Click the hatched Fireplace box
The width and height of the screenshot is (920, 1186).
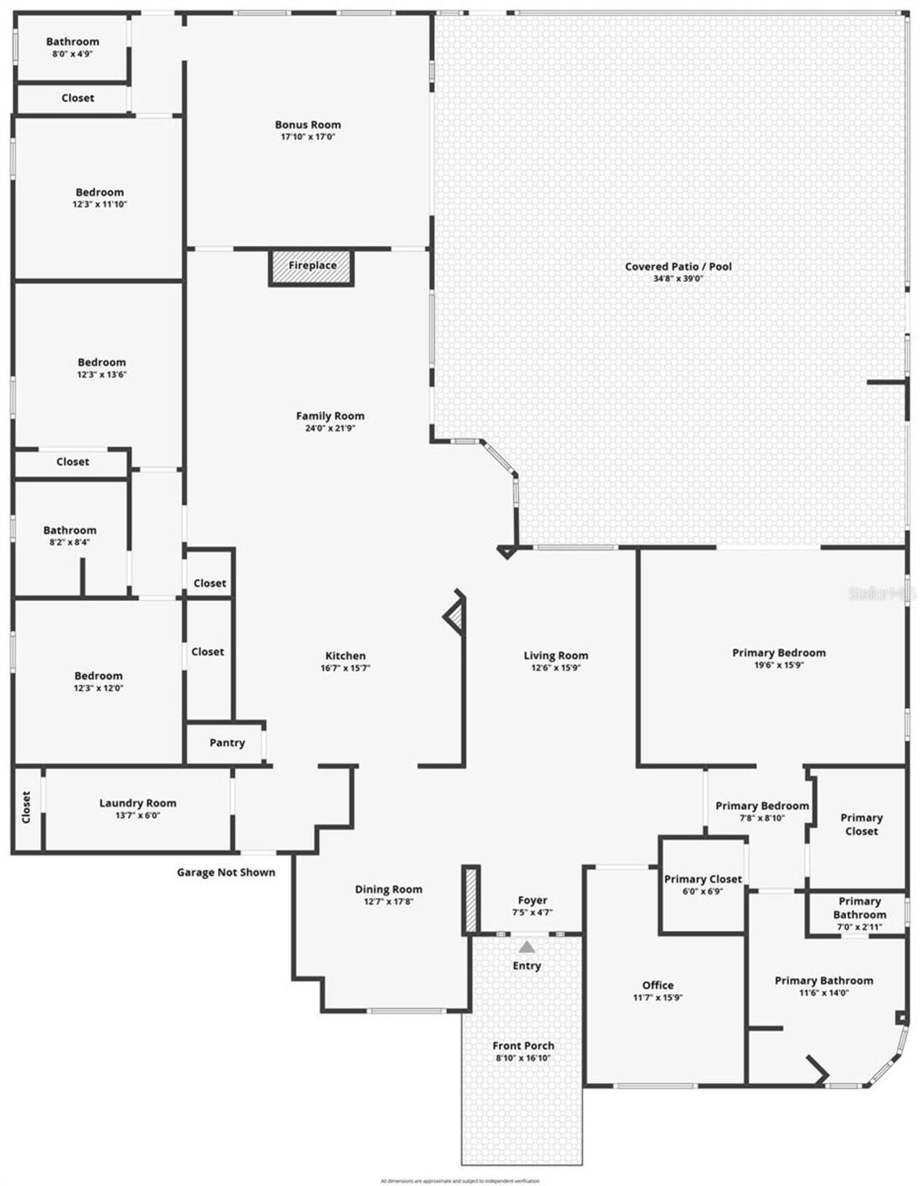point(312,267)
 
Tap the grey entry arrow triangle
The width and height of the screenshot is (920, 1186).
point(527,947)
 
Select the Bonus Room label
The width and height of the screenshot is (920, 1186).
point(308,124)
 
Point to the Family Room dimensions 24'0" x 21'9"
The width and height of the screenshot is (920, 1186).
point(330,428)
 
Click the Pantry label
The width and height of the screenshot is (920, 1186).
point(227,743)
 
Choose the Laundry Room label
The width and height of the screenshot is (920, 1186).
point(137,803)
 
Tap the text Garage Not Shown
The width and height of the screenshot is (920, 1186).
point(226,872)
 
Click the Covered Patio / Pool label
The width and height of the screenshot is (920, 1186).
point(678,266)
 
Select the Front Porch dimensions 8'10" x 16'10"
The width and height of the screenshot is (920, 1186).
point(523,1058)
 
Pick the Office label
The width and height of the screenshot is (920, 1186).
point(658,985)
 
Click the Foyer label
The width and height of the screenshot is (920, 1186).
point(532,900)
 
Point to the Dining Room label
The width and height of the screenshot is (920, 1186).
point(388,889)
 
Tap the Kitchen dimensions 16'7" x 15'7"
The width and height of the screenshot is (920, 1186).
point(345,668)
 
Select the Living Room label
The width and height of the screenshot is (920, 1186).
point(556,655)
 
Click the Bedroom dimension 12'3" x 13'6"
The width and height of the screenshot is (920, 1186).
point(101,374)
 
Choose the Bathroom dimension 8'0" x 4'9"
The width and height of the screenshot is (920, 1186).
point(72,54)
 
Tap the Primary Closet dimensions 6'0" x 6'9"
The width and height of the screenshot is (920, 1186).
point(702,891)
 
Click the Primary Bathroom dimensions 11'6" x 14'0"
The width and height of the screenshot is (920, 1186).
point(824,993)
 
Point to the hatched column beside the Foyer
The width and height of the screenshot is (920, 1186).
point(471,901)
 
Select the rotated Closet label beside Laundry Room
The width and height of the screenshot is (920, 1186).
point(27,807)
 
